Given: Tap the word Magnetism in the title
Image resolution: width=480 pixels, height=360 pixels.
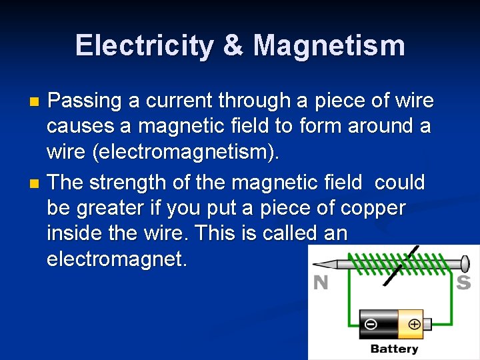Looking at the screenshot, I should tap(329, 46).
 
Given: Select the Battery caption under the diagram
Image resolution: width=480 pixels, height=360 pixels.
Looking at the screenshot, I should tap(394, 349).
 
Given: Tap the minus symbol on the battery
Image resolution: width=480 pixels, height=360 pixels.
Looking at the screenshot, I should tap(370, 325).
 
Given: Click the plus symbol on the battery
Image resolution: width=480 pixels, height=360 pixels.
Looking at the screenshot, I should tap(415, 325).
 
